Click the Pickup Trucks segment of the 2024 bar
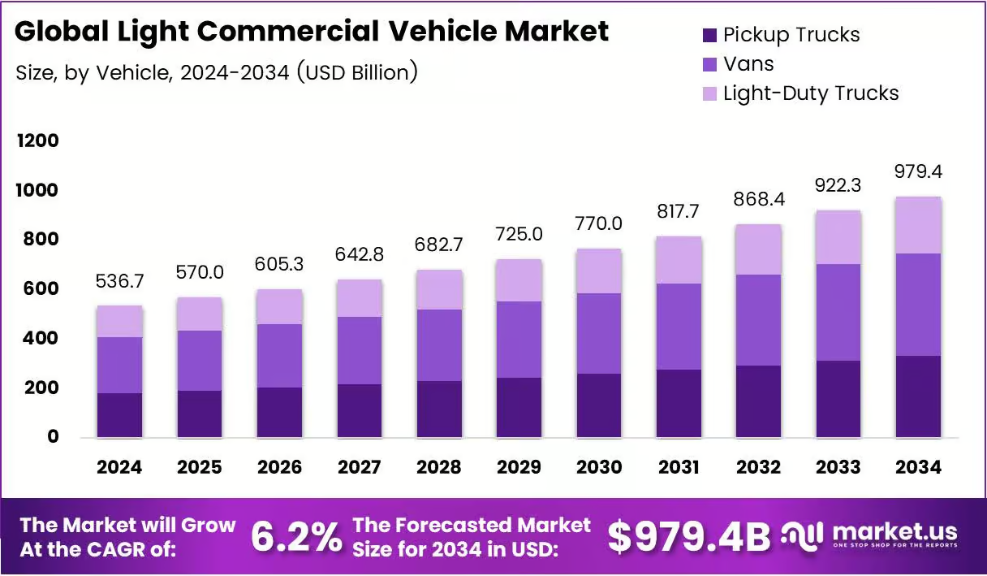pos(120,415)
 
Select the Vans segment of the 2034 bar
pos(919,305)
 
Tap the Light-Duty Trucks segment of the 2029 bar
pos(519,280)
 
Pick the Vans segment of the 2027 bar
pos(360,351)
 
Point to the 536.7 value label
pos(120,281)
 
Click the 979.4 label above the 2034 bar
pos(918,171)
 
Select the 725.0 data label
pos(519,234)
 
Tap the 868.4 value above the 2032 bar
pos(759,199)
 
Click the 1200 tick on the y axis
pos(37,141)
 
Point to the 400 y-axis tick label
pos(41,338)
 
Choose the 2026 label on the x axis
pos(279,467)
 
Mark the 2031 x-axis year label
pos(679,467)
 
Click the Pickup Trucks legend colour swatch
pos(709,35)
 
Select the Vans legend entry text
pos(748,64)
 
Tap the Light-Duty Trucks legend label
pos(811,93)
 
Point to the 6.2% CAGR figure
pos(296,537)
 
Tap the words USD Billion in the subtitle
pos(357,73)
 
